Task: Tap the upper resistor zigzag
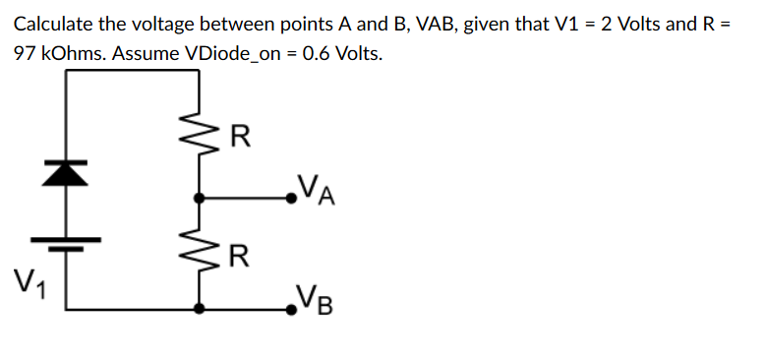pyautogui.click(x=201, y=138)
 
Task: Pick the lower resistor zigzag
pyautogui.click(x=201, y=259)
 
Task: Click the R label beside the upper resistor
pyautogui.click(x=239, y=136)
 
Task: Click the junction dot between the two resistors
pyautogui.click(x=201, y=198)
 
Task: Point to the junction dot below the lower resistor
pyautogui.click(x=201, y=309)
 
